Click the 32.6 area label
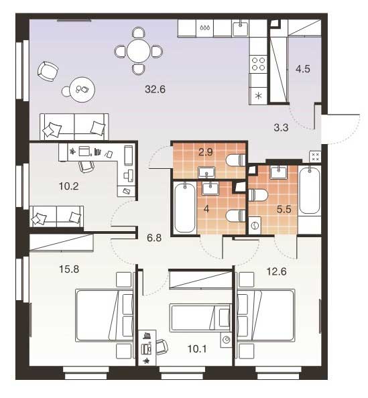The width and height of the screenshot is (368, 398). coord(155,89)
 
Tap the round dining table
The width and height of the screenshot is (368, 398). coord(139,51)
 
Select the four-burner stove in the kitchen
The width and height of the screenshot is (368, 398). coord(258,64)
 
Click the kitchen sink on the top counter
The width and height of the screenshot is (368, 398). coord(240,28)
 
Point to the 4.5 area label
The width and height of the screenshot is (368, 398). coord(303,69)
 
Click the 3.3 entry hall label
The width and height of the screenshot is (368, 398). coord(281,127)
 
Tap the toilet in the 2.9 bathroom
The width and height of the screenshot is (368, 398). coord(235,160)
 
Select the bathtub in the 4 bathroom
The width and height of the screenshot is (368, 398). coord(185,208)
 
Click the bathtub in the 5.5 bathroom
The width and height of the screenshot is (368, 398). coord(310,190)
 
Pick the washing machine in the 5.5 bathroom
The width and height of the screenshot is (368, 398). coord(255,225)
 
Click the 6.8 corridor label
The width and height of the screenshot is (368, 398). coord(154,238)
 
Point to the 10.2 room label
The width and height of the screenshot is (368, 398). coord(68,186)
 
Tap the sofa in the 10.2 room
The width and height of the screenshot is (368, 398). coord(56,216)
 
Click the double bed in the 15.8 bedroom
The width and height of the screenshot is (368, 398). coord(104,316)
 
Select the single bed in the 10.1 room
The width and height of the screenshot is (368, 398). coord(200,318)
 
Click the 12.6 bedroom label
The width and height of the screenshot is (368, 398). coord(276,271)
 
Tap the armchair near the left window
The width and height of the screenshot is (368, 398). coord(48,71)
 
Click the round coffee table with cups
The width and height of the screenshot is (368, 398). coord(82,89)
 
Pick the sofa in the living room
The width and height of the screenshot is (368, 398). coord(74,127)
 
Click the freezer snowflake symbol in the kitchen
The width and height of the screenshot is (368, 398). coord(258,96)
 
